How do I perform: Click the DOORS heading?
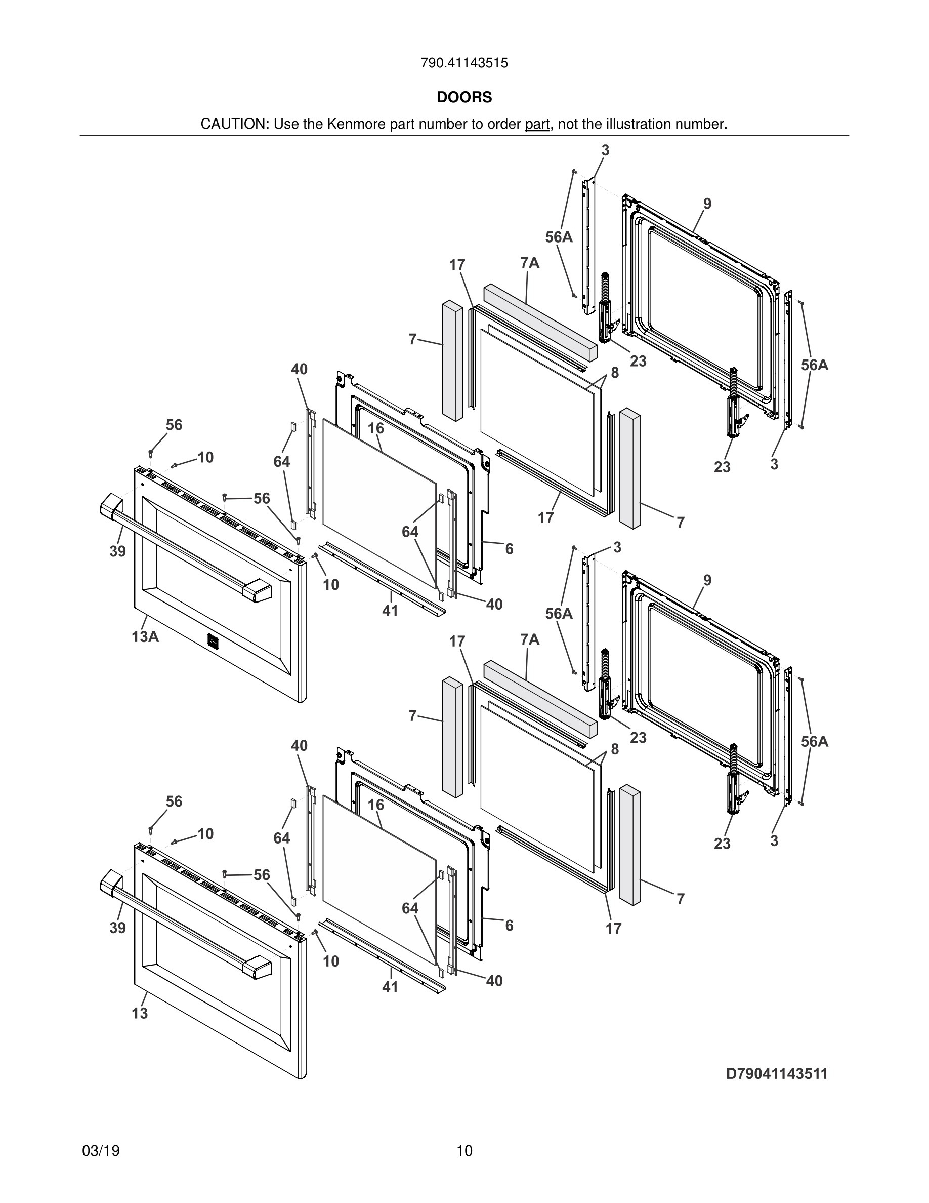pyautogui.click(x=464, y=98)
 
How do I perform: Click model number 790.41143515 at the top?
pyautogui.click(x=464, y=63)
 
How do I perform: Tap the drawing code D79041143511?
pyautogui.click(x=777, y=1073)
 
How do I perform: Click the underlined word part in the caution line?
pyautogui.click(x=537, y=125)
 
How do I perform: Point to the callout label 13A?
pyautogui.click(x=145, y=637)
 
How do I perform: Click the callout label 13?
pyautogui.click(x=140, y=1013)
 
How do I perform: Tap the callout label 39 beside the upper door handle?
pyautogui.click(x=117, y=551)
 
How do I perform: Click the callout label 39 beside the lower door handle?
pyautogui.click(x=117, y=928)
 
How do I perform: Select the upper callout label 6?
pyautogui.click(x=509, y=549)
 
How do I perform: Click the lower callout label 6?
pyautogui.click(x=509, y=926)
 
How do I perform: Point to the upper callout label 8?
pyautogui.click(x=615, y=373)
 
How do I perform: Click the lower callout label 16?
pyautogui.click(x=376, y=805)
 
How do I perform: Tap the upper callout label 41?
pyautogui.click(x=390, y=610)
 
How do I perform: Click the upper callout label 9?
pyautogui.click(x=707, y=204)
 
